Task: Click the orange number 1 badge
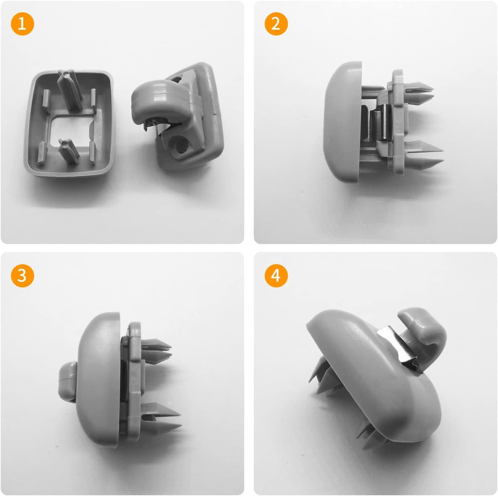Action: point(22,24)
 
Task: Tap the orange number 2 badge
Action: point(276,24)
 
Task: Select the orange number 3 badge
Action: point(22,275)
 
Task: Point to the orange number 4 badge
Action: point(276,275)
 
